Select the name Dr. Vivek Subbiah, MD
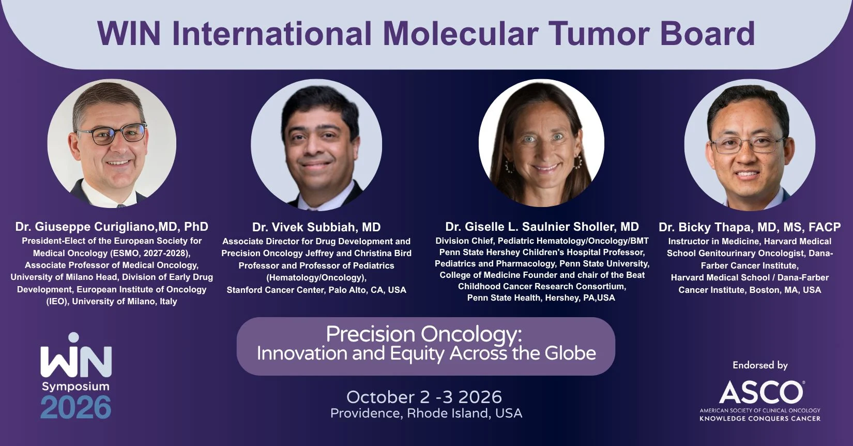click(316, 227)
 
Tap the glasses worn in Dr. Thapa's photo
click(748, 145)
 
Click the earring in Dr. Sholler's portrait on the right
click(578, 162)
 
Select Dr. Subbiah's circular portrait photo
click(316, 145)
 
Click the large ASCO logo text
click(761, 392)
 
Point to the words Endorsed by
click(760, 365)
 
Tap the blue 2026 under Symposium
click(76, 408)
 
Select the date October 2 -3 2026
click(424, 397)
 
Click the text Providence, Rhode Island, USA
click(426, 413)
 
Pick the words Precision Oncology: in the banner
click(424, 334)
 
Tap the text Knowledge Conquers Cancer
click(760, 419)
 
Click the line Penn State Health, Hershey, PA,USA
click(541, 298)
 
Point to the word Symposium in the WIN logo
click(76, 387)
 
